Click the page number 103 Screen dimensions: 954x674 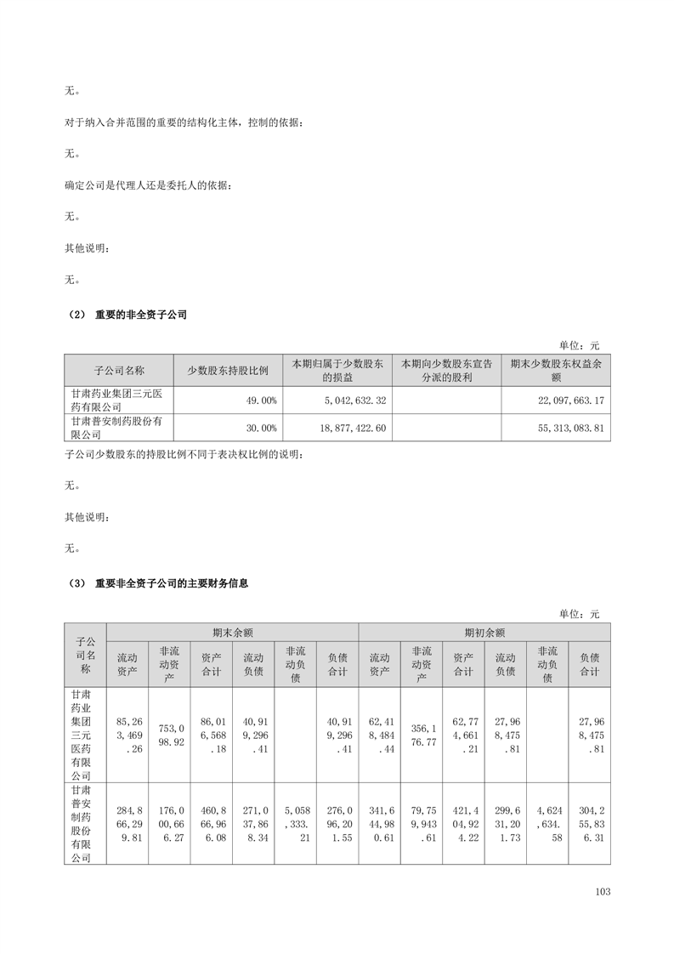coord(603,892)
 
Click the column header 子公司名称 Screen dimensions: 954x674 coord(119,370)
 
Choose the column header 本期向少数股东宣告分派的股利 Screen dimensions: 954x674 coord(446,370)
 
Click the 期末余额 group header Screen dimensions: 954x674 coord(232,633)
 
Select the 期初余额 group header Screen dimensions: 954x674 coord(484,633)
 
